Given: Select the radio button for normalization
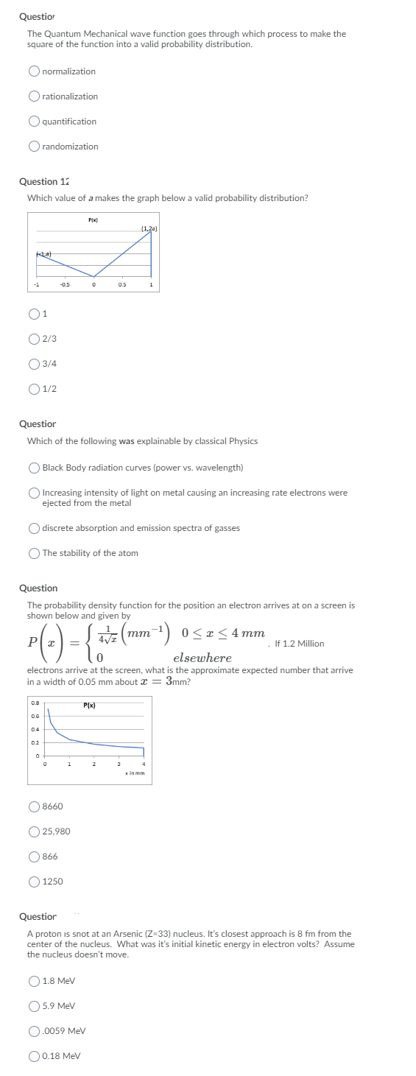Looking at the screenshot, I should (34, 71).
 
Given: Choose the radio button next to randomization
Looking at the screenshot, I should (34, 147).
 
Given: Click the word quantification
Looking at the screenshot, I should (69, 122).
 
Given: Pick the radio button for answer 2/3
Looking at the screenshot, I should (34, 339).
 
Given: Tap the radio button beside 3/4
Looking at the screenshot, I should (34, 364).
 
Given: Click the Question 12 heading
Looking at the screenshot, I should (48, 181).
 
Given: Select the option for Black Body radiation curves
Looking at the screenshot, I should (34, 468).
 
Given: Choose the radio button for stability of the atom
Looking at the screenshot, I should (34, 553).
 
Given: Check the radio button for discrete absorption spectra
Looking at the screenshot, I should (34, 528).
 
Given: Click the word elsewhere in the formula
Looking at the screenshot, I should (202, 658).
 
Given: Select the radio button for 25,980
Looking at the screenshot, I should (34, 831).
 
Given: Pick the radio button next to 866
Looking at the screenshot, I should (34, 857).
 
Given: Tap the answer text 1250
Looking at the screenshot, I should (52, 882).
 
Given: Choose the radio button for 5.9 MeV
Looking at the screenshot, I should (34, 1006).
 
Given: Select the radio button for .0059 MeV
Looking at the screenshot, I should (34, 1031).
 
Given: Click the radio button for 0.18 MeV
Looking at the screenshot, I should (34, 1056).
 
